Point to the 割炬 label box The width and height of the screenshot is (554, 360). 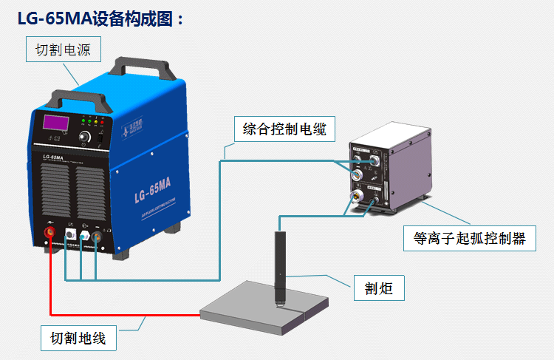(x=379, y=287)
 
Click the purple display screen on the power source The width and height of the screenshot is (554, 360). (x=55, y=122)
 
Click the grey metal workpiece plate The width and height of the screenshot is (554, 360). (x=266, y=309)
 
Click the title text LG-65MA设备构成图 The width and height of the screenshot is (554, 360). (x=100, y=19)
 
